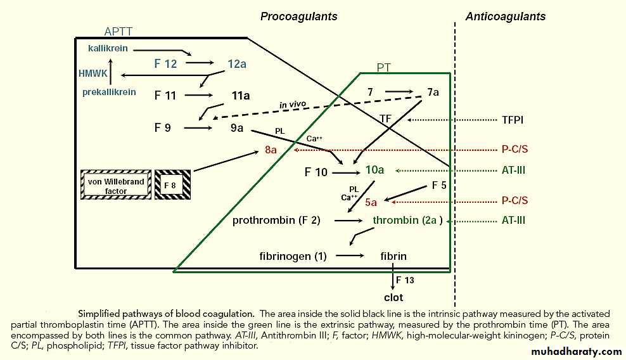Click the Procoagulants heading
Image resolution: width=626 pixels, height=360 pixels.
click(298, 16)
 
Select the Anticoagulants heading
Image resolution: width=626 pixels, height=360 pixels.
click(505, 16)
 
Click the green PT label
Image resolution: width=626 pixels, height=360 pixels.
click(384, 67)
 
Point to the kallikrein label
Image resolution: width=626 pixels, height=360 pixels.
click(110, 48)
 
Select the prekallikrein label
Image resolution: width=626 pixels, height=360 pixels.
click(109, 92)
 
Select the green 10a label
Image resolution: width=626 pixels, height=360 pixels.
click(374, 170)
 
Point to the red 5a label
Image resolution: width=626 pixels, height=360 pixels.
click(371, 202)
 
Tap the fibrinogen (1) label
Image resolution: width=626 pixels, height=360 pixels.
click(293, 256)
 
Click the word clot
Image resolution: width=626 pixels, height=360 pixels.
click(393, 297)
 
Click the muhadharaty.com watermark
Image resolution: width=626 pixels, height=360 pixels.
click(568, 351)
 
